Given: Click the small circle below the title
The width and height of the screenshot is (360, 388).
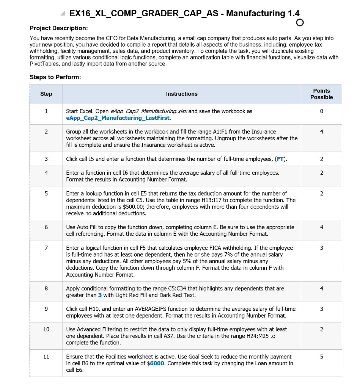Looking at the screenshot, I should (x=300, y=23).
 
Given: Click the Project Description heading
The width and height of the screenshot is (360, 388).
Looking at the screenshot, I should (x=59, y=28).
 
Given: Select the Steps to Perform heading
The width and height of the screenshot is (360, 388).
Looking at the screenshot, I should (x=55, y=77).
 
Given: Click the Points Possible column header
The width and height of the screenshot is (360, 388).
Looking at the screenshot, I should (x=321, y=94).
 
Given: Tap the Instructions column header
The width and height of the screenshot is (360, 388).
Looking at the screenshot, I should (x=182, y=94).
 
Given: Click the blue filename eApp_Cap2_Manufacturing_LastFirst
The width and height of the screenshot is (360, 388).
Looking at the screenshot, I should (x=118, y=118).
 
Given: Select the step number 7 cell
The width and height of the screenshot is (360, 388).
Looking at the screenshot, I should (x=46, y=248).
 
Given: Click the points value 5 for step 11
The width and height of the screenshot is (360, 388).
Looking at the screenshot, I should (x=321, y=357).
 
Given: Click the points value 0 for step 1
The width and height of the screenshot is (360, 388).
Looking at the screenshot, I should (x=321, y=111).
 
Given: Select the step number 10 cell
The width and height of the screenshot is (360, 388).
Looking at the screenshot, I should (x=46, y=329).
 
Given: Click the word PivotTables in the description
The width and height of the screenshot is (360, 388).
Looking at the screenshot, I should (x=44, y=64).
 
